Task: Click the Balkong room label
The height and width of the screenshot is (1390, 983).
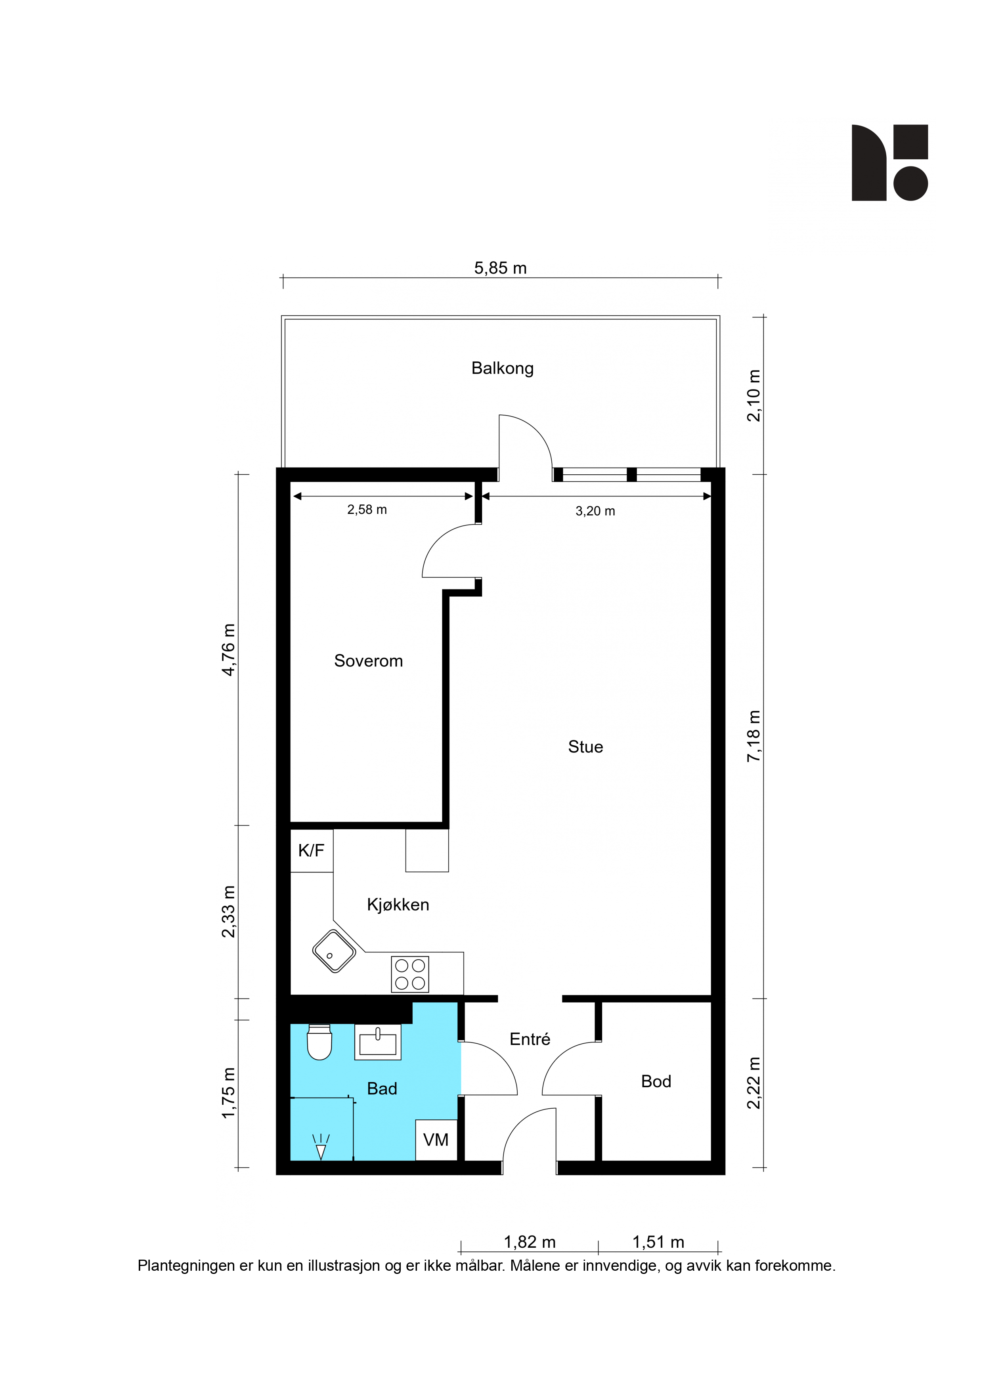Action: click(502, 369)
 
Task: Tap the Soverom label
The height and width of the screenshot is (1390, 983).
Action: click(368, 661)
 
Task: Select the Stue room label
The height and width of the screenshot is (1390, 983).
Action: click(585, 747)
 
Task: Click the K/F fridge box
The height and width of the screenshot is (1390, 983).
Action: click(311, 851)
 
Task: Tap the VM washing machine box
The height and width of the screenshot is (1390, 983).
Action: click(436, 1140)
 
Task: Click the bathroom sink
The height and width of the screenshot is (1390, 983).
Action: click(377, 1042)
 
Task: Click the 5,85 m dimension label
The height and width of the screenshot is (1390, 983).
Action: click(500, 268)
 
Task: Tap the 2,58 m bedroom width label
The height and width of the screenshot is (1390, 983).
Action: click(367, 510)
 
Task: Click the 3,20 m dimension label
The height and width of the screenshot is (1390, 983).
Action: click(595, 511)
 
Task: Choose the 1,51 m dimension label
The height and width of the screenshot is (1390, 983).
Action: click(658, 1242)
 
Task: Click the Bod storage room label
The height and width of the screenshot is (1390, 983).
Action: click(656, 1081)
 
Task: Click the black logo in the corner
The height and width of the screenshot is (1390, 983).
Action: click(890, 163)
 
